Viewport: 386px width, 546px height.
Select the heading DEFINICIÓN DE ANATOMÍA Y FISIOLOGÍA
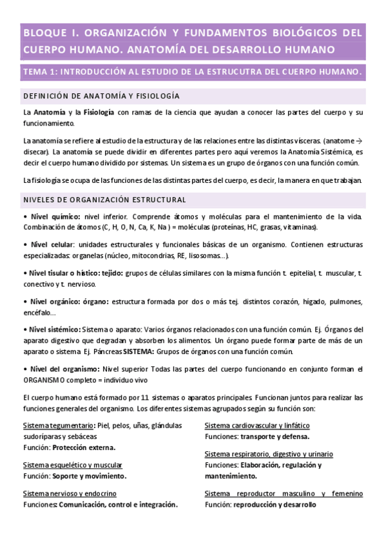click(101, 96)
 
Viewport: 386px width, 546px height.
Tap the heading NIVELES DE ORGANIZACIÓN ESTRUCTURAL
click(104, 200)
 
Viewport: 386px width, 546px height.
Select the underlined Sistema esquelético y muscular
click(72, 465)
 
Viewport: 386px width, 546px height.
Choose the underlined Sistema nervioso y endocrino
click(70, 494)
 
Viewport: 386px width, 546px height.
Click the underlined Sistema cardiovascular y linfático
click(256, 426)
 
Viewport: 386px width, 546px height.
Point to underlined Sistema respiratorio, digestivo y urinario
click(273, 455)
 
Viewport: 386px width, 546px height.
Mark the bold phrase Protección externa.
click(84, 447)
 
